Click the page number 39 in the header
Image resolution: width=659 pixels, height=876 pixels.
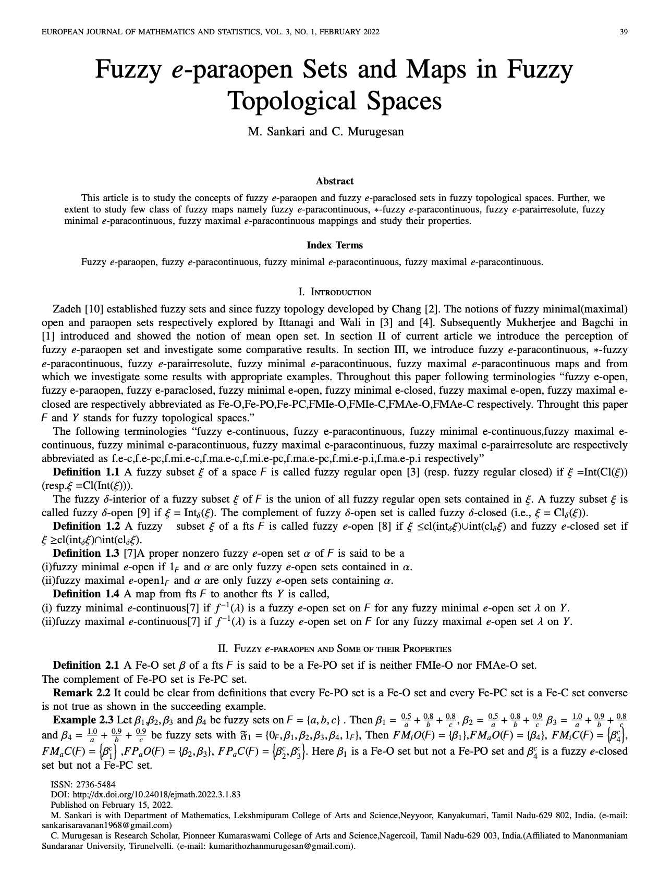click(623, 32)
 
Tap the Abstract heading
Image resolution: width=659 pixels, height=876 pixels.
click(334, 181)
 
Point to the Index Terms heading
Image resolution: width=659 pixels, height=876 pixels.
click(334, 245)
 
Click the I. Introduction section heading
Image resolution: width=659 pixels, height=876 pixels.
click(334, 292)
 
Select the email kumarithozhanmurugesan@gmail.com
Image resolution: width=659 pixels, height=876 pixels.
click(280, 846)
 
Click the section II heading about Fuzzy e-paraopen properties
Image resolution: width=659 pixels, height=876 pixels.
click(334, 649)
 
